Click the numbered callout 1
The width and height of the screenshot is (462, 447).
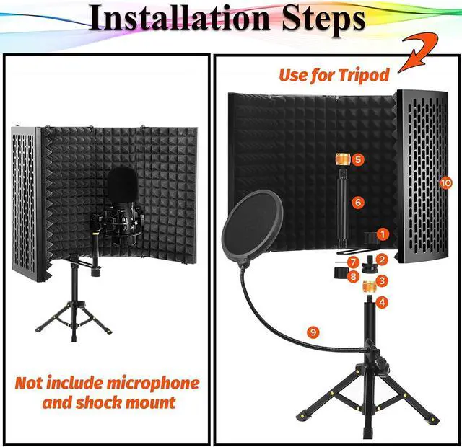[x=383, y=234]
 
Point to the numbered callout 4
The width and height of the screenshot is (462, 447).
[x=383, y=303]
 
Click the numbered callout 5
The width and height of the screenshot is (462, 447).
[x=359, y=158]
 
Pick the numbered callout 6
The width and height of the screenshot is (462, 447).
[x=357, y=203]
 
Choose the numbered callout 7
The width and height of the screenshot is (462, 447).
[x=353, y=260]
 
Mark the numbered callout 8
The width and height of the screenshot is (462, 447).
[x=353, y=275]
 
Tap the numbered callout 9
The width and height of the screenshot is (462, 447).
[x=313, y=332]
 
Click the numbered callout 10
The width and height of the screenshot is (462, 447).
[x=445, y=183]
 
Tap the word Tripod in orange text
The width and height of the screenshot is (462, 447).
[x=363, y=74]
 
